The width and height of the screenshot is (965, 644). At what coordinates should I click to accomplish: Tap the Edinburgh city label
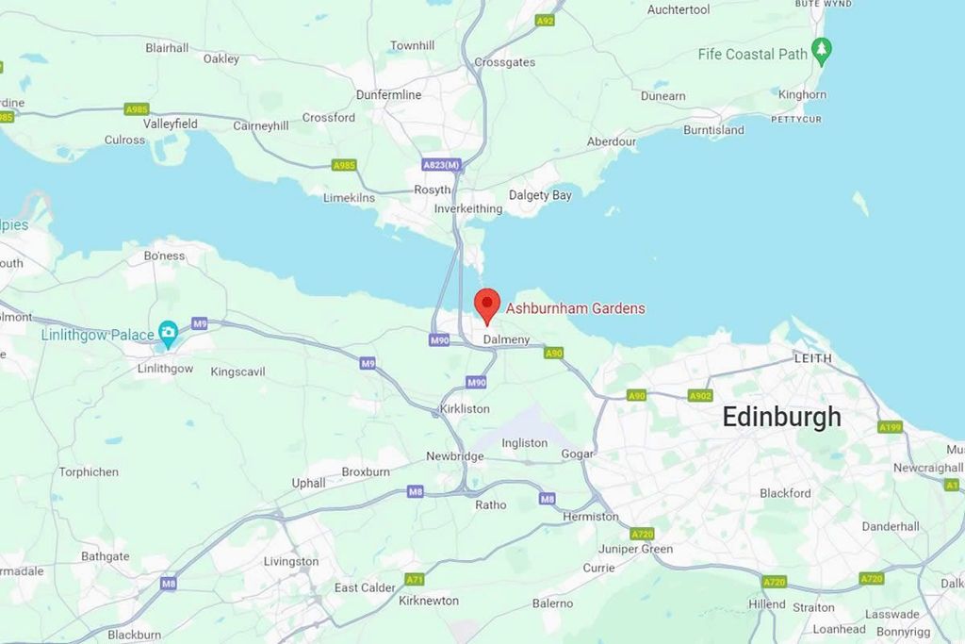(x=781, y=417)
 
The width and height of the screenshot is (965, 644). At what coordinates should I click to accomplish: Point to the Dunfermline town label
(x=388, y=95)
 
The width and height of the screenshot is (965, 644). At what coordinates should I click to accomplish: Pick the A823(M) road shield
(x=441, y=165)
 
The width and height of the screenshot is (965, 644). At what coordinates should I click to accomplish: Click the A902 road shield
(x=700, y=396)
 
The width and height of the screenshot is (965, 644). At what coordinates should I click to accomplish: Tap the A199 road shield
(x=891, y=427)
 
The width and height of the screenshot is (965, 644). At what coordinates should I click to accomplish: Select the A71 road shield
(x=414, y=579)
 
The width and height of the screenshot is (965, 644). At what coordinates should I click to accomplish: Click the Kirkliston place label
(x=465, y=409)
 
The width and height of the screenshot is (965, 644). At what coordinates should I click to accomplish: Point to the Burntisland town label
(x=713, y=130)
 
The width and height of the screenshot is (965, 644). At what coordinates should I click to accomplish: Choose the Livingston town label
(x=291, y=562)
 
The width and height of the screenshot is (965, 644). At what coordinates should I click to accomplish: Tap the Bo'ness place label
(x=165, y=256)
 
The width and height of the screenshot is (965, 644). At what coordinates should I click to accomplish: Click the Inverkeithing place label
(x=468, y=208)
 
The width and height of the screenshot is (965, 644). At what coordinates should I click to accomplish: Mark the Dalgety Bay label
(x=540, y=195)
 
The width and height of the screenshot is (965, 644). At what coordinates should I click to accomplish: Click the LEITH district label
(x=813, y=358)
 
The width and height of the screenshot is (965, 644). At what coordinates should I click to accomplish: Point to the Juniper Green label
(x=636, y=549)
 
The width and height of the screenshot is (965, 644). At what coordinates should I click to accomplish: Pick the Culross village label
(x=125, y=140)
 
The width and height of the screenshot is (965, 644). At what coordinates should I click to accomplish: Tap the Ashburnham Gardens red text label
(x=576, y=308)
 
